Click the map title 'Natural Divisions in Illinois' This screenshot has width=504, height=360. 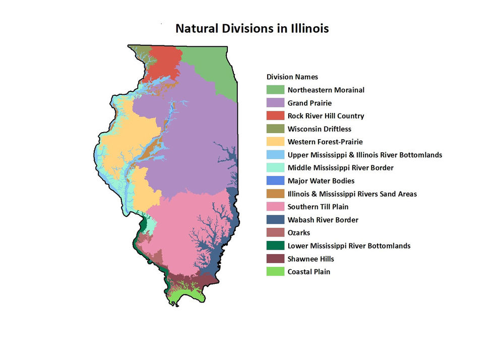pyautogui.click(x=252, y=28)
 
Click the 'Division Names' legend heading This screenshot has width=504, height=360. pyautogui.click(x=292, y=77)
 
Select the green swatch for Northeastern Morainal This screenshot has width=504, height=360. pyautogui.click(x=275, y=90)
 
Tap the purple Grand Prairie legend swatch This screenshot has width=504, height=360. pyautogui.click(x=275, y=103)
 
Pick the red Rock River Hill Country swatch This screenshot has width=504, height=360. pyautogui.click(x=275, y=116)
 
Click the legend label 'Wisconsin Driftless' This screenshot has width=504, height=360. pyautogui.click(x=320, y=129)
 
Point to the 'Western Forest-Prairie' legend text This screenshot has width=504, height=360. pyautogui.click(x=325, y=142)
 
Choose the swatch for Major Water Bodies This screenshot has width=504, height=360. pyautogui.click(x=275, y=181)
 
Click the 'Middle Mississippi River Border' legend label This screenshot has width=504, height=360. pyautogui.click(x=341, y=168)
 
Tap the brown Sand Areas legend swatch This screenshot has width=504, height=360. pyautogui.click(x=275, y=194)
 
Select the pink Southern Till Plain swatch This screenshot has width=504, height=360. pyautogui.click(x=275, y=207)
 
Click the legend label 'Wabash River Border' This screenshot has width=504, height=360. pyautogui.click(x=323, y=220)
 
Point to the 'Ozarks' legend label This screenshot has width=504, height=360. pyautogui.click(x=299, y=233)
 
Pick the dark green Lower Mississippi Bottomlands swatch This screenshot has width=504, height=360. pyautogui.click(x=275, y=246)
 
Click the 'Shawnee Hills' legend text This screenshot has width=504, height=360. pyautogui.click(x=311, y=259)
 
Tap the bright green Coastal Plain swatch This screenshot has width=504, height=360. pyautogui.click(x=275, y=272)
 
